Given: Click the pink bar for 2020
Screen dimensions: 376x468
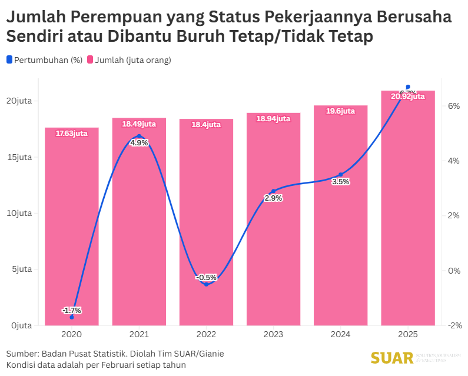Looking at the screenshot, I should [x=72, y=227].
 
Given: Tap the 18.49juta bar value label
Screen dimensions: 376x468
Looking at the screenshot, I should [x=139, y=124].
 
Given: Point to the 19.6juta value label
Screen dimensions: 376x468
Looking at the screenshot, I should [x=340, y=111].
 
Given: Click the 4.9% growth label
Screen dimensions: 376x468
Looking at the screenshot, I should [x=139, y=142].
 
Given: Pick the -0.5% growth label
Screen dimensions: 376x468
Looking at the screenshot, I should [x=206, y=277].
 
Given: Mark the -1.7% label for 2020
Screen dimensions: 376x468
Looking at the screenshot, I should [x=72, y=310].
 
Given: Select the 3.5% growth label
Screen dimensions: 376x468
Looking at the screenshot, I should [x=340, y=182].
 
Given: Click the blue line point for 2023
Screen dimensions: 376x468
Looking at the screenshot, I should [x=273, y=191].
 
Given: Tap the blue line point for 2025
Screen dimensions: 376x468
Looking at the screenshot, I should [x=408, y=87].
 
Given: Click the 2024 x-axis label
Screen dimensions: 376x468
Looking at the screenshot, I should [x=340, y=335].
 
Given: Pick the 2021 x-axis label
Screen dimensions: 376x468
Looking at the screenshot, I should [x=139, y=335].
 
